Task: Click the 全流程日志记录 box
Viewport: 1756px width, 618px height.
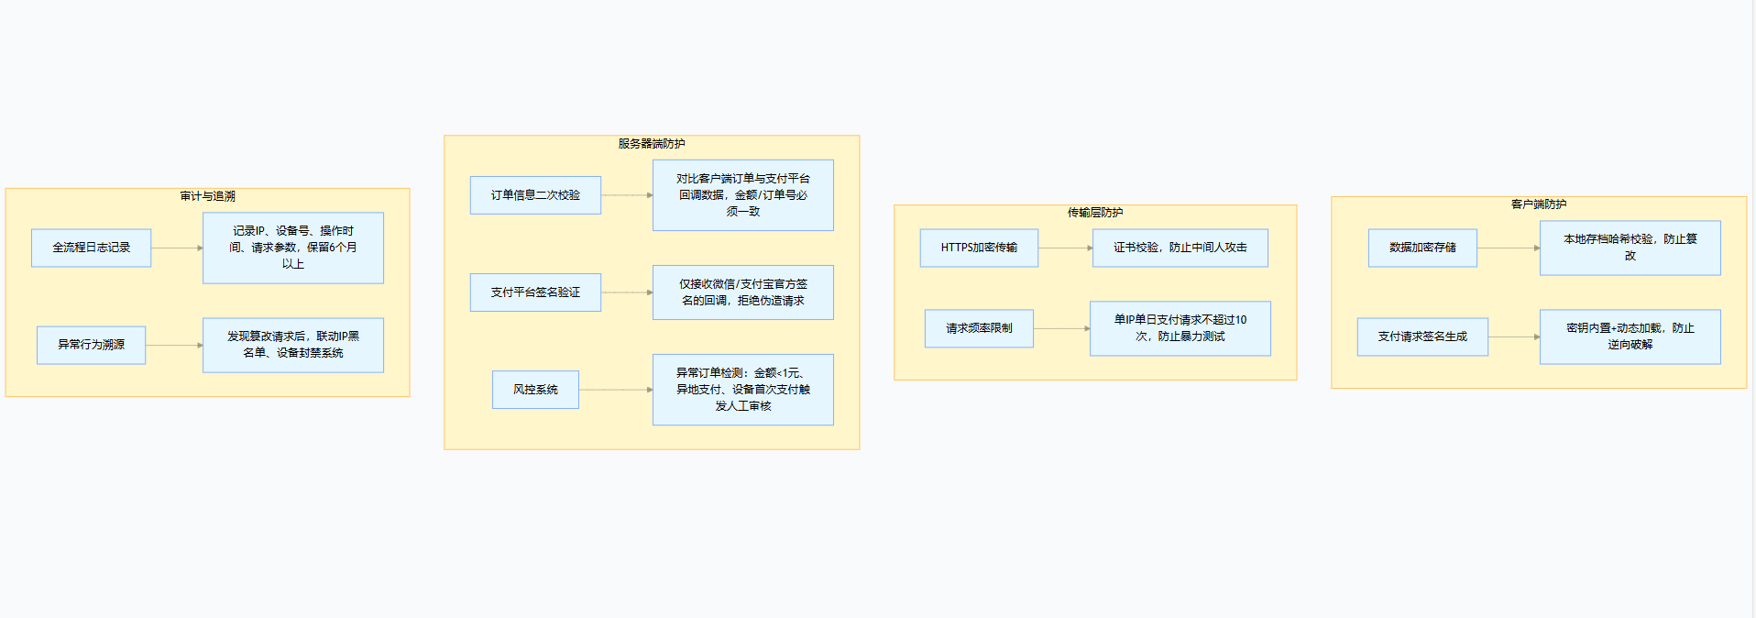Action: (91, 248)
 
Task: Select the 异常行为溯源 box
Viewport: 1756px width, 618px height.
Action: (91, 345)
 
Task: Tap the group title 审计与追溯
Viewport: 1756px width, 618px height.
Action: (207, 196)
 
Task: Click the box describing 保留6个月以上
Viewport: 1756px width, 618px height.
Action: (292, 248)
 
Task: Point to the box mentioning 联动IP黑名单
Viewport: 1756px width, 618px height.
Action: (292, 345)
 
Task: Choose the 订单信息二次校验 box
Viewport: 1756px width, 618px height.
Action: (535, 195)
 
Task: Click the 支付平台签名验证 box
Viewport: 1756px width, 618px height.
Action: (535, 292)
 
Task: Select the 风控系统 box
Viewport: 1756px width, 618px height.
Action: (535, 390)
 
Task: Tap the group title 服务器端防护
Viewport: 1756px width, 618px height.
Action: (651, 144)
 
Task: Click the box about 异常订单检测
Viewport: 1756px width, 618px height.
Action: (742, 390)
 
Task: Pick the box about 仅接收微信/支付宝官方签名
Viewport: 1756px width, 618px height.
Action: (742, 292)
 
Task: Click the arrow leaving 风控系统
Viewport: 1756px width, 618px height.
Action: (615, 390)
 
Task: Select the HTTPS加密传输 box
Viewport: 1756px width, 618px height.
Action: (979, 248)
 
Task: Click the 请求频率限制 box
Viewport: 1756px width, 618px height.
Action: (979, 328)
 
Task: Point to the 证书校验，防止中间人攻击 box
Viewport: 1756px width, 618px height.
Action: (1180, 248)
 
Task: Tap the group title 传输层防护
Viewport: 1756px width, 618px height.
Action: (1094, 213)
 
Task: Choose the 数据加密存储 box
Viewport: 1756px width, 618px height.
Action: (1422, 248)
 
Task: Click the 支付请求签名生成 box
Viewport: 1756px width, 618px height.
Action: (1422, 337)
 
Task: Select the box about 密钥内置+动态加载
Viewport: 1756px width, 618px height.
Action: (1630, 337)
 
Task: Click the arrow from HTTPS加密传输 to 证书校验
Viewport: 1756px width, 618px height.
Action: (1065, 248)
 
